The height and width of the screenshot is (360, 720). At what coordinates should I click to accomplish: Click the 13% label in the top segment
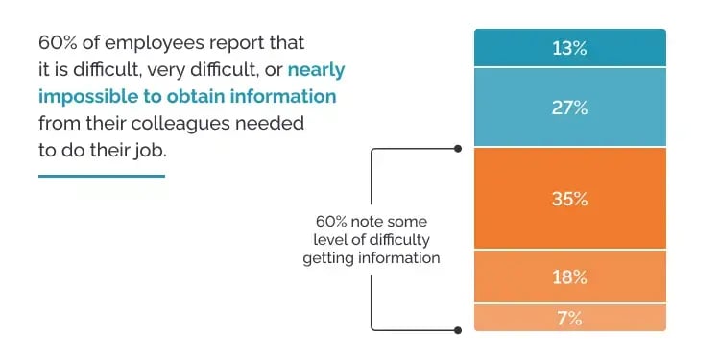click(569, 47)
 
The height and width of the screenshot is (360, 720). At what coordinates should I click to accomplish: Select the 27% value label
click(569, 107)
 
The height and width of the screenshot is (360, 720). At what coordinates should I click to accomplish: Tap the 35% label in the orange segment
click(569, 199)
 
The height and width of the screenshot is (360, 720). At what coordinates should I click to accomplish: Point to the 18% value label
click(569, 276)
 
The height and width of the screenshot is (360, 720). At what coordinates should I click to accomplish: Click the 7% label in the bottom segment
click(569, 318)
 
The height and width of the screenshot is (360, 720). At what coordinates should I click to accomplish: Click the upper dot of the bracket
click(458, 149)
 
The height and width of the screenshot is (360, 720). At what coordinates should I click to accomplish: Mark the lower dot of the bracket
click(458, 329)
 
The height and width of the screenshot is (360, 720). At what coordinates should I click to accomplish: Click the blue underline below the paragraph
click(101, 176)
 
